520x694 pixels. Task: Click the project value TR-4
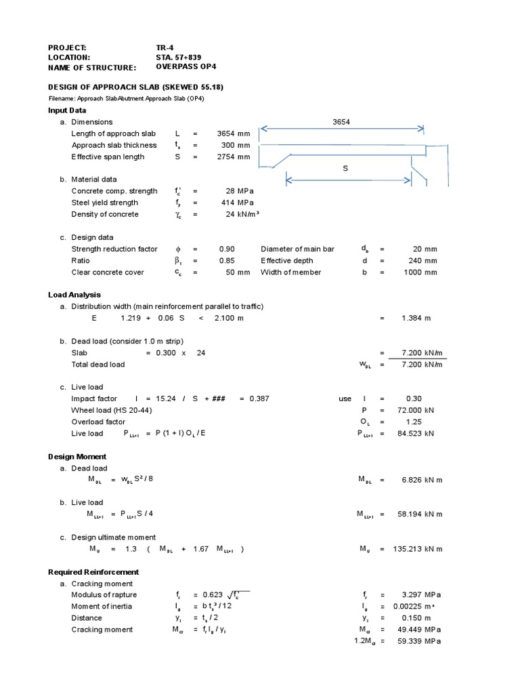coord(165,47)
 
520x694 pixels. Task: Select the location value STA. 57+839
coord(178,58)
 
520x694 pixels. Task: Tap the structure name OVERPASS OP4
coord(186,68)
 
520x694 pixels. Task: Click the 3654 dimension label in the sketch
coord(341,122)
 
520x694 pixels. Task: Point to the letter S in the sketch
coord(344,167)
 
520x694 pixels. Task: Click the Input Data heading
coord(67,110)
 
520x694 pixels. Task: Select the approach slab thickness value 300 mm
coord(236,145)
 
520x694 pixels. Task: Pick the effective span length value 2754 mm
coord(233,157)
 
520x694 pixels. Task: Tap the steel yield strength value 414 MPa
coord(236,203)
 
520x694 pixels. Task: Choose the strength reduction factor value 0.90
coord(227,249)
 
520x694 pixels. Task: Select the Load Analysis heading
coord(74,295)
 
